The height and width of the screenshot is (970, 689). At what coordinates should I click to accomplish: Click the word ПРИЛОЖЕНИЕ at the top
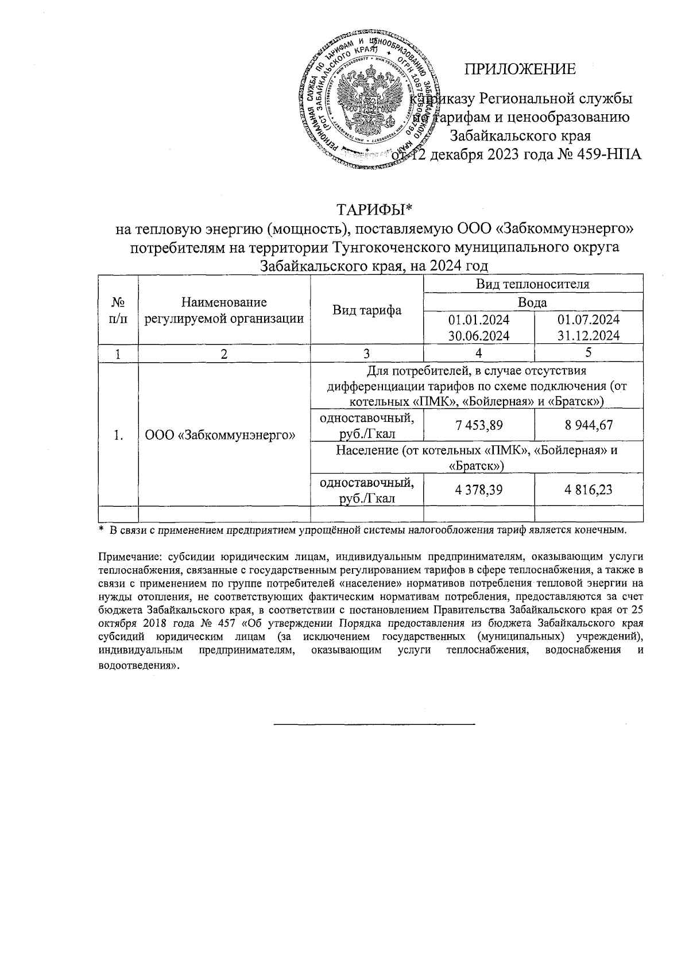point(520,70)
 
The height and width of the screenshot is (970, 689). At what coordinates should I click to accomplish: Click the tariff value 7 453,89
point(479,425)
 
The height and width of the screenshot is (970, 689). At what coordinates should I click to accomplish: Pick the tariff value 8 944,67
point(589,425)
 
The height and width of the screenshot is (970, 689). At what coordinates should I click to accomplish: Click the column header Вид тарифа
point(367,311)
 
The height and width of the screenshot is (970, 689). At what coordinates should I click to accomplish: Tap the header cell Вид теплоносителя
point(533,284)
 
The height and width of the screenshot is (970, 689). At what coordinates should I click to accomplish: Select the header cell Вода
point(532,302)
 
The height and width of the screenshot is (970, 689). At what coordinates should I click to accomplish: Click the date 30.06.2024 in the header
point(479,336)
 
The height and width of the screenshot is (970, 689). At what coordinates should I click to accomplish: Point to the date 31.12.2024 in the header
point(589,336)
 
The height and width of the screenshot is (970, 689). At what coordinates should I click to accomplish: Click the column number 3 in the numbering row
point(367,354)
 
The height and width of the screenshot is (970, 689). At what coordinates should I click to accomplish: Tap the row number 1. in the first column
point(118,436)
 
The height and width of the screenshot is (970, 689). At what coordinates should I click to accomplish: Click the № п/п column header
point(118,311)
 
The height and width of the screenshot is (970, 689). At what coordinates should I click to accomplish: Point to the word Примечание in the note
point(124,556)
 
